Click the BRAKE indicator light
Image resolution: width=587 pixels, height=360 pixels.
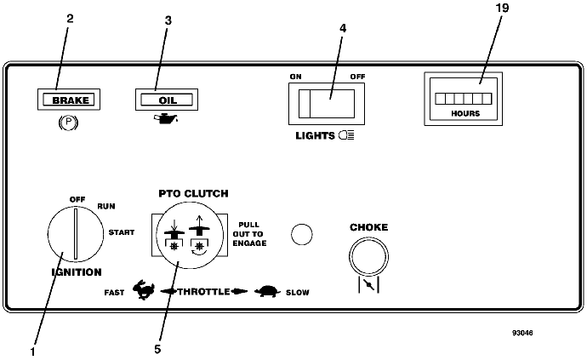[x=69, y=100]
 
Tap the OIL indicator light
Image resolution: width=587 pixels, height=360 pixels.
[x=167, y=100]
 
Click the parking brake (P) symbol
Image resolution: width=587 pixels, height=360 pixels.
[x=68, y=123]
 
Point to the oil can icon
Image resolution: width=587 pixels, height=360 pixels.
[x=166, y=119]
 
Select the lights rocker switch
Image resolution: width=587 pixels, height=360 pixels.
[x=327, y=104]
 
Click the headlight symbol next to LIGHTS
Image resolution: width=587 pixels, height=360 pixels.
[x=346, y=135]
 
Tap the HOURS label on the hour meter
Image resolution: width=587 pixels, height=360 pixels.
[x=465, y=113]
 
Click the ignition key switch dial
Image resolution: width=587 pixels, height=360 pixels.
[x=76, y=234]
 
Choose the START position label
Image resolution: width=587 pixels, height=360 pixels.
[x=122, y=232]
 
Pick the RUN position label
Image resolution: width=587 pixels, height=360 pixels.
[x=106, y=206]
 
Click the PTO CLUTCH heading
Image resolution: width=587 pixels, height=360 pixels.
[x=193, y=193]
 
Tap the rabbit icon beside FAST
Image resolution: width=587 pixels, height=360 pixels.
[x=144, y=289]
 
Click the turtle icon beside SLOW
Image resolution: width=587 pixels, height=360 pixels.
[x=267, y=291]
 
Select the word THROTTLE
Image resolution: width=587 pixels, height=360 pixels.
[x=203, y=291]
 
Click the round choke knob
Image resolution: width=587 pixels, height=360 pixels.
[x=368, y=257]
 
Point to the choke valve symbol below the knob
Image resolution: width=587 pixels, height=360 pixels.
[x=369, y=285]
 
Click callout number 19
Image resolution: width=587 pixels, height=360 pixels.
[x=502, y=8]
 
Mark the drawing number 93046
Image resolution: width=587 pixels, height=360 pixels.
[x=522, y=333]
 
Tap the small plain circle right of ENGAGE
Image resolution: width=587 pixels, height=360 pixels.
[x=302, y=235]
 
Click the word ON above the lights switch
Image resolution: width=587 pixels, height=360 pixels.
[x=295, y=77]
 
